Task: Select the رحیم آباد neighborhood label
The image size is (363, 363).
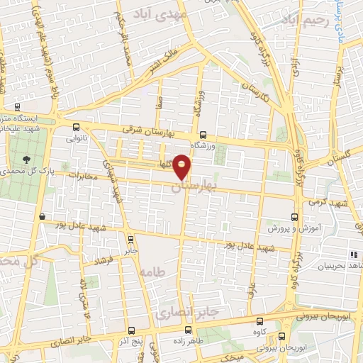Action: [287, 22]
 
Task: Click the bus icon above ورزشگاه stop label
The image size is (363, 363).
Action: [203, 135]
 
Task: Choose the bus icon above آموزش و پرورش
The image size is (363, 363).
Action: [295, 217]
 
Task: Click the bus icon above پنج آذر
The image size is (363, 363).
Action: [132, 330]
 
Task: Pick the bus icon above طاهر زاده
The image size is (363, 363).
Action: [188, 330]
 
